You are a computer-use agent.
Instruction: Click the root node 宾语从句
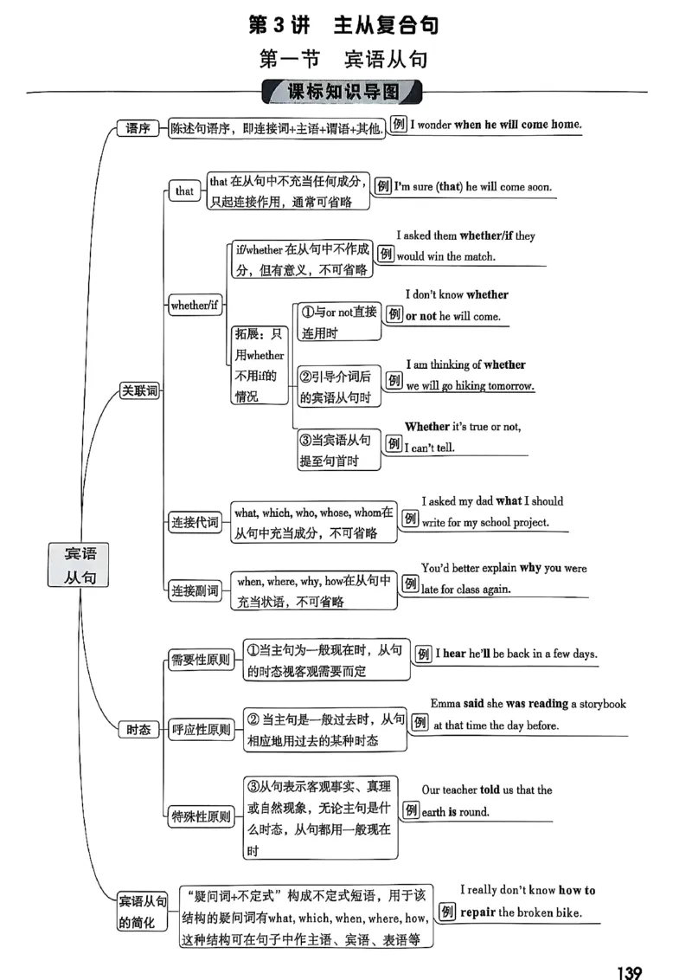(80, 566)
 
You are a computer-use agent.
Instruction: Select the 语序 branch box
(138, 129)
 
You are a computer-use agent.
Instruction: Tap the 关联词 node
(139, 390)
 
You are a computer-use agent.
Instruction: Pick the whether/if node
(190, 305)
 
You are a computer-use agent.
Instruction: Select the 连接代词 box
(195, 522)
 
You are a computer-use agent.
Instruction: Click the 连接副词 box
(195, 590)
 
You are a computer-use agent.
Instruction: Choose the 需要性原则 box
(200, 660)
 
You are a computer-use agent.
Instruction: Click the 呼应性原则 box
(201, 730)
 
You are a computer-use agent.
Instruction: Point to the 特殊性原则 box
(201, 816)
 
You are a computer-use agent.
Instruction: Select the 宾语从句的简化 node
(143, 912)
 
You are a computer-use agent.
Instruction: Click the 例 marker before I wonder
(399, 124)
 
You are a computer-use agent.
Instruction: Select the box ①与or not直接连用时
(338, 322)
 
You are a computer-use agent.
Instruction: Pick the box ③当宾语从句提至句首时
(338, 451)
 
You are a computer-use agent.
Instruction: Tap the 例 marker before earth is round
(411, 811)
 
